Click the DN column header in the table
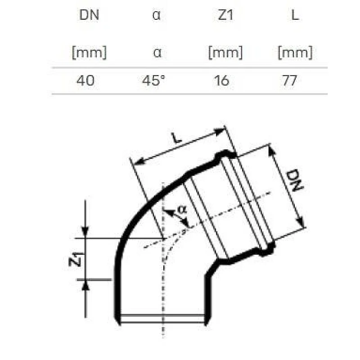[89, 15]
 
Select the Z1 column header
[225, 15]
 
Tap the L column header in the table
[295, 15]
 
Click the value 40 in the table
[85, 81]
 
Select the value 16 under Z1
[222, 81]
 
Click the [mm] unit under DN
[89, 53]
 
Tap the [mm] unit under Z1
[225, 53]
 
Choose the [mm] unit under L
[295, 53]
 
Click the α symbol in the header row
[157, 15]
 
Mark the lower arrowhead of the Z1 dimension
[85, 284]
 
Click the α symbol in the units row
[157, 53]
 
